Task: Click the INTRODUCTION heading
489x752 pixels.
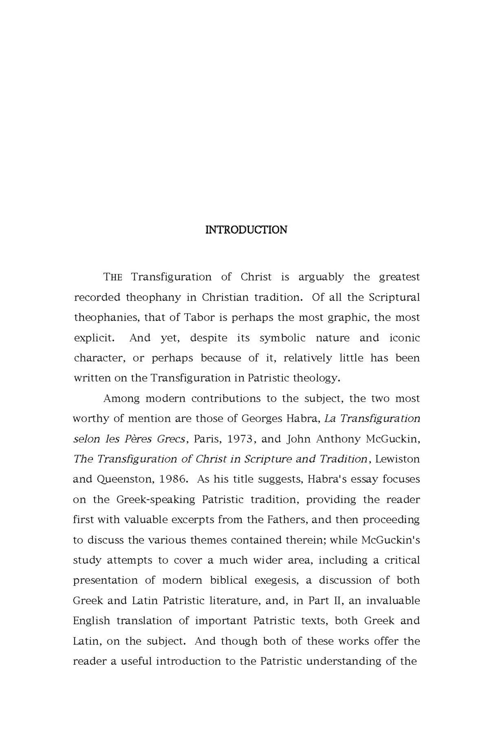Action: pyautogui.click(x=246, y=230)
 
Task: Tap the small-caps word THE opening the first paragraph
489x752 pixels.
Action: pyautogui.click(x=113, y=277)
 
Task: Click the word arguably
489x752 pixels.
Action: pyautogui.click(x=321, y=277)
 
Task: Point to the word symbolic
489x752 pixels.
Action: pyautogui.click(x=283, y=338)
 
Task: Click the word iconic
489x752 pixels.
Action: pyautogui.click(x=405, y=338)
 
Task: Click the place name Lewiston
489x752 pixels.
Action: pyautogui.click(x=397, y=459)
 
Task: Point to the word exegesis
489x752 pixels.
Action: pyautogui.click(x=276, y=580)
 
